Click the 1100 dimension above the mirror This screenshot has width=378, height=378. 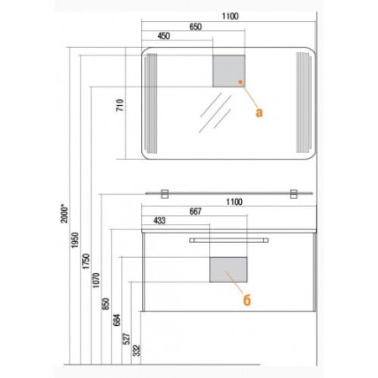point(230,16)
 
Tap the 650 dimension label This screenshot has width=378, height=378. point(196,27)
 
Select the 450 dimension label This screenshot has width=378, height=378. point(164,36)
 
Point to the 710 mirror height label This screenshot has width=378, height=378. point(120,105)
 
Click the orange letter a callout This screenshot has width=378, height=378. point(260,113)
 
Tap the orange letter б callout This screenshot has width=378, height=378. point(247,301)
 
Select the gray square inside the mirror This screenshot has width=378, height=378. point(228,71)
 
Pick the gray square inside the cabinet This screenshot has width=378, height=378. point(228,270)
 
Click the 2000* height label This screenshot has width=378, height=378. point(65,214)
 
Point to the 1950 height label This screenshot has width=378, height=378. point(76,240)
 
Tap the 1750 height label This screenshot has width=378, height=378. point(87,261)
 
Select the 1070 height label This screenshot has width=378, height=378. point(96,281)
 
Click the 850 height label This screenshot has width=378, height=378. point(106,304)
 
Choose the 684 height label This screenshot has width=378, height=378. point(117,320)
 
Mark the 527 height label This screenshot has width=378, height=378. point(127,339)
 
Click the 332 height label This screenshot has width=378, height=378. point(136,350)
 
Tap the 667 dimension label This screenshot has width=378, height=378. point(196,212)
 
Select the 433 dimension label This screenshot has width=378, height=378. point(160,221)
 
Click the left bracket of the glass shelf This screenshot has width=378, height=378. point(165,194)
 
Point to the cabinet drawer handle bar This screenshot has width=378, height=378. point(228,240)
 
